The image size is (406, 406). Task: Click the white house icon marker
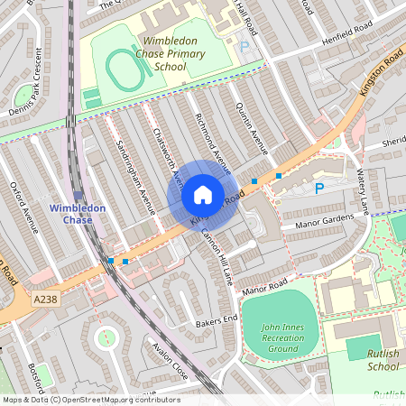(x=203, y=195)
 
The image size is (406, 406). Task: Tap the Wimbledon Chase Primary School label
(x=171, y=54)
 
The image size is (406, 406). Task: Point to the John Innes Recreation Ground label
(x=280, y=337)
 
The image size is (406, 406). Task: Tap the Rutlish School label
(x=383, y=361)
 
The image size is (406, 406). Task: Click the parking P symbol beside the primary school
(x=245, y=45)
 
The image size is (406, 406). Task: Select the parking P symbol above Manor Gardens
(x=318, y=189)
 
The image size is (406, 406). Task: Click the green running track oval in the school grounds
(x=125, y=67)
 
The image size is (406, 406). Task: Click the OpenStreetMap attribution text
(x=90, y=400)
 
